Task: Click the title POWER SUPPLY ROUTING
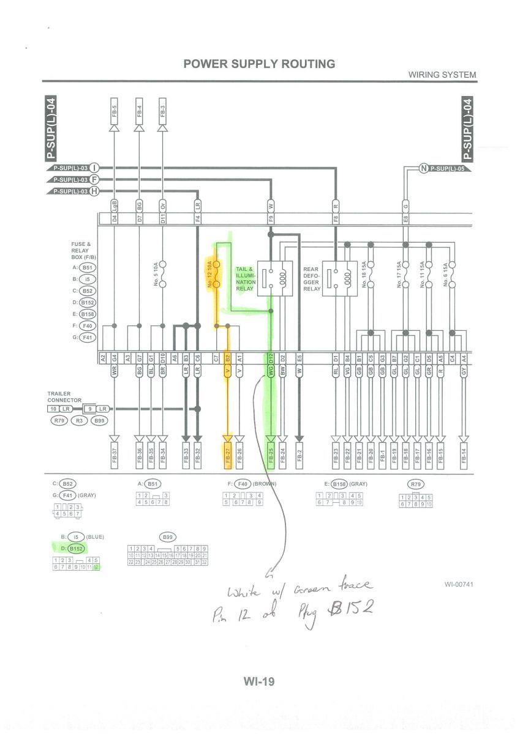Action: pyautogui.click(x=259, y=64)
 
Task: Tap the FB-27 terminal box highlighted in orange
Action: pyautogui.click(x=228, y=456)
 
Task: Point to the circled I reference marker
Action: pyautogui.click(x=95, y=168)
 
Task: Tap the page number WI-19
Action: pyautogui.click(x=259, y=682)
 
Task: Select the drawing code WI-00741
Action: pyautogui.click(x=459, y=584)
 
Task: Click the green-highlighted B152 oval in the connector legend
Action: pyautogui.click(x=76, y=549)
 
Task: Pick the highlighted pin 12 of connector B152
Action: pyautogui.click(x=96, y=567)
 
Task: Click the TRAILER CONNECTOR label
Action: pyautogui.click(x=64, y=397)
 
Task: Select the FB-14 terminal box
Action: pyautogui.click(x=464, y=456)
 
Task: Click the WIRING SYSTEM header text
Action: pyautogui.click(x=442, y=75)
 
